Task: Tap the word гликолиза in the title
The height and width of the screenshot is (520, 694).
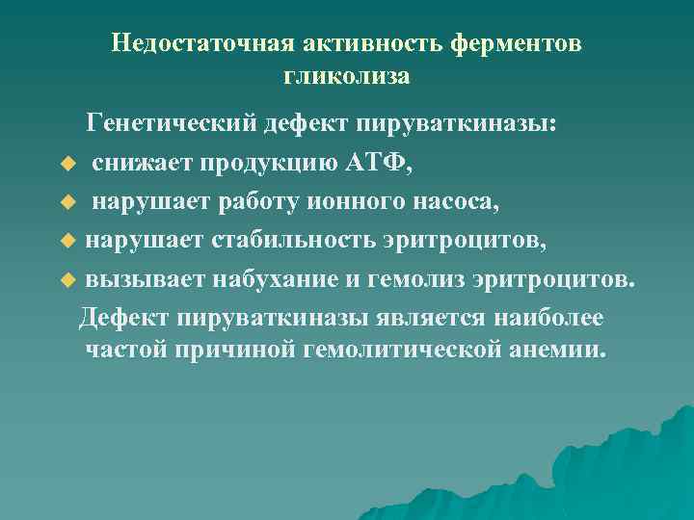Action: (x=347, y=74)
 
